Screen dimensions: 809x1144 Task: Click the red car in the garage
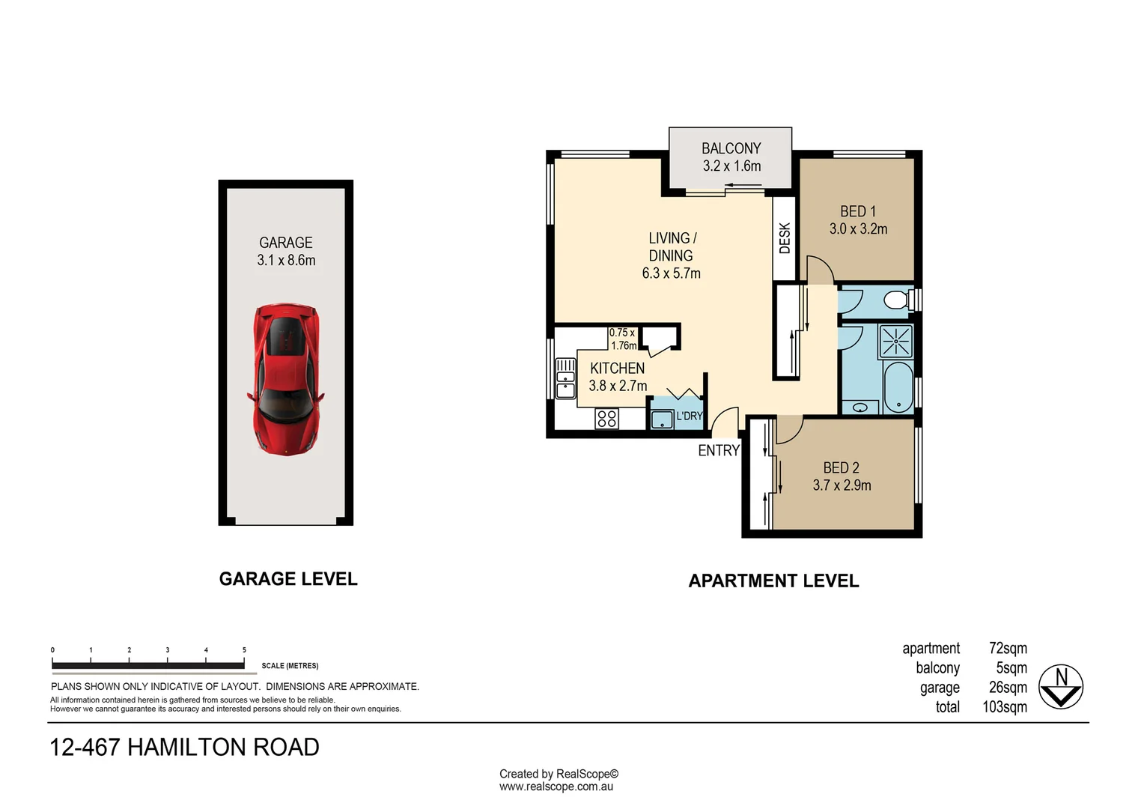click(285, 379)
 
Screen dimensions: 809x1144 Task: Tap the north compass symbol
click(1061, 686)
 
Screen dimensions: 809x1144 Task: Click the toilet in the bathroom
click(896, 301)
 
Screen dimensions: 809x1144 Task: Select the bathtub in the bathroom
click(898, 387)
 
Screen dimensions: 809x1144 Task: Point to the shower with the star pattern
click(895, 342)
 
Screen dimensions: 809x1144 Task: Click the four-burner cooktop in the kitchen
click(606, 419)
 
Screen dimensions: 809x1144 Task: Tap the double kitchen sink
click(565, 378)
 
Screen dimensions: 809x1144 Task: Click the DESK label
click(785, 238)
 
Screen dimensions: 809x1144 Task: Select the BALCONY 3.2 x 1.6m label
click(731, 157)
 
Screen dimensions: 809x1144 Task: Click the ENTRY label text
click(718, 450)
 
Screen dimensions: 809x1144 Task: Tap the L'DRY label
click(690, 416)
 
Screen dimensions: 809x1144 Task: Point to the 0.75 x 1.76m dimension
click(622, 339)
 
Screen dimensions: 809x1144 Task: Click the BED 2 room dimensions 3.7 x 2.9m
click(842, 485)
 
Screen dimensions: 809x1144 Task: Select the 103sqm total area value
click(1005, 706)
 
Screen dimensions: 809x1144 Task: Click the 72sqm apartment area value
click(1008, 648)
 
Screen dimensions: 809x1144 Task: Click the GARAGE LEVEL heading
click(288, 578)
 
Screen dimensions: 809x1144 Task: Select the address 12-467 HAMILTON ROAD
click(184, 747)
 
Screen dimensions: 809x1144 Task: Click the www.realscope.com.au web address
click(556, 787)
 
